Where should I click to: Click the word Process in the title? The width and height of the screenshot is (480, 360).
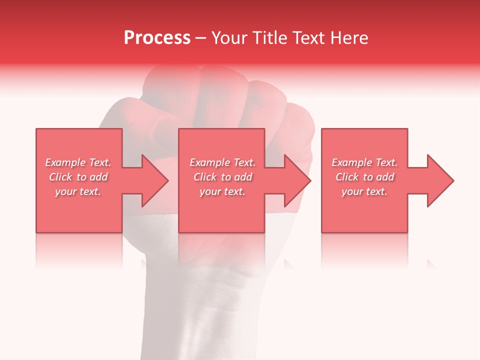pyautogui.click(x=157, y=38)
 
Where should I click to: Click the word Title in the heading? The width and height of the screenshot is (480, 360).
pyautogui.click(x=270, y=38)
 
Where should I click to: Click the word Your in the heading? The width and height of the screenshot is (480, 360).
pyautogui.click(x=229, y=38)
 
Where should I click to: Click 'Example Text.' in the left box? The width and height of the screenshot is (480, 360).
pyautogui.click(x=78, y=162)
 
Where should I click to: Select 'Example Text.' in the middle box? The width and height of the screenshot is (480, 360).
pyautogui.click(x=222, y=162)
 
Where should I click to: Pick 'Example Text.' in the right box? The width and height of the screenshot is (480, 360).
pyautogui.click(x=364, y=162)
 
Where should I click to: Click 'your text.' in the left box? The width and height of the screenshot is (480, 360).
pyautogui.click(x=78, y=191)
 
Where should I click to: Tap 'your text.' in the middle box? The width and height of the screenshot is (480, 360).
pyautogui.click(x=222, y=191)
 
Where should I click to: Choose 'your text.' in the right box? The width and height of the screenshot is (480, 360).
pyautogui.click(x=364, y=191)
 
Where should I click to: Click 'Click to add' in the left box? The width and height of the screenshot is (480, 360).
pyautogui.click(x=78, y=177)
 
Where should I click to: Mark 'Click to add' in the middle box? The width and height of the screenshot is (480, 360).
pyautogui.click(x=222, y=177)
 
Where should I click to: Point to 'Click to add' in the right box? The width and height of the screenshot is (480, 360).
pyautogui.click(x=364, y=177)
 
